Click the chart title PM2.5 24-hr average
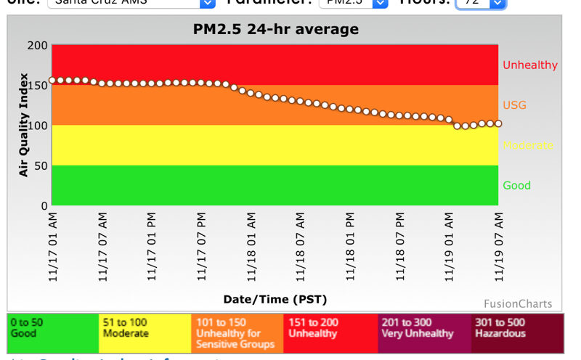pos(275,29)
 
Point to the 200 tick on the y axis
pos(38,45)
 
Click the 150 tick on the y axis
pos(38,85)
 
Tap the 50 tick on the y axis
pos(41,165)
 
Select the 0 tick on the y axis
pos(44,205)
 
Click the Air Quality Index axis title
pos(23,125)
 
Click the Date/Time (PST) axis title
pos(275,299)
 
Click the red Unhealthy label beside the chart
pos(530,65)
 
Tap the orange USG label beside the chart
pos(514,105)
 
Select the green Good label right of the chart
pos(517,185)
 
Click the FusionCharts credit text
pos(518,303)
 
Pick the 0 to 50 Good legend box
pos(53,333)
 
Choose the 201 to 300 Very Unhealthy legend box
pos(424,333)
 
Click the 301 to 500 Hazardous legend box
pos(518,333)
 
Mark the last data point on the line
pos(498,123)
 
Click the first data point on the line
pos(52,81)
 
